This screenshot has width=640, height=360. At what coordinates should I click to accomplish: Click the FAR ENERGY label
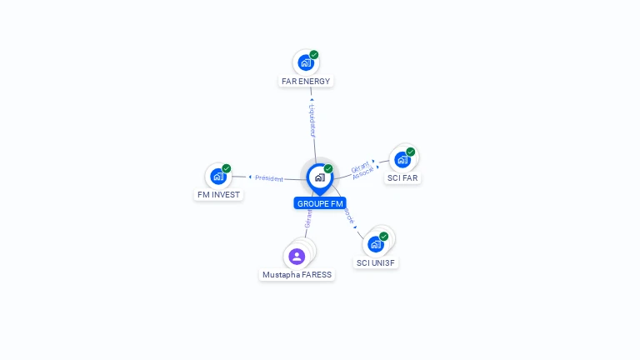pos(306,82)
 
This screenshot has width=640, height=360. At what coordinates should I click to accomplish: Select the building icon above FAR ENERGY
pos(306,62)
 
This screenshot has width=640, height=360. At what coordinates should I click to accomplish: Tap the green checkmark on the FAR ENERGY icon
pos(314,55)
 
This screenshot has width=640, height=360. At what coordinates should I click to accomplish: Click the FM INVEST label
pos(218,195)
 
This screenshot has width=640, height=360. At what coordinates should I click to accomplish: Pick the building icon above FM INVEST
pos(218,176)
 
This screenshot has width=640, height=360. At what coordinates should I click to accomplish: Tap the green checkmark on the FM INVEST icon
pos(227,168)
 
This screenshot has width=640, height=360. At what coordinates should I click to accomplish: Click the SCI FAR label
pos(402,178)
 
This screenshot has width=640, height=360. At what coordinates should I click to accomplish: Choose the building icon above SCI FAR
pos(402,159)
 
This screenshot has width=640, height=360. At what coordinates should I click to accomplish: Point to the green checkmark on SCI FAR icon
pos(411,152)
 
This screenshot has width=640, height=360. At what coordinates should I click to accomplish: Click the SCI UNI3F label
pos(376,263)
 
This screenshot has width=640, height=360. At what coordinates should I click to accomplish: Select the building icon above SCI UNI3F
pos(376,244)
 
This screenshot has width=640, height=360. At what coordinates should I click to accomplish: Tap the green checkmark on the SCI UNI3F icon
pos(384,237)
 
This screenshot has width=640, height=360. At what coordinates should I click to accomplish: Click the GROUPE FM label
pos(320,203)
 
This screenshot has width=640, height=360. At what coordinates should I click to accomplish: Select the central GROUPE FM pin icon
pos(319,177)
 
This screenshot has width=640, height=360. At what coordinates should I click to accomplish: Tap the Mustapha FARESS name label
pos(297,275)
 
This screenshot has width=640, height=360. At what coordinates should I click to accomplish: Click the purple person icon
pos(297,256)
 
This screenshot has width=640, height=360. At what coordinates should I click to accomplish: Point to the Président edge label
pos(269,178)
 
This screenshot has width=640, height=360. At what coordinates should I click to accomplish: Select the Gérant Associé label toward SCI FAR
pos(362,169)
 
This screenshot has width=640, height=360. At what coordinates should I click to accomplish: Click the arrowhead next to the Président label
pos(250,177)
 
